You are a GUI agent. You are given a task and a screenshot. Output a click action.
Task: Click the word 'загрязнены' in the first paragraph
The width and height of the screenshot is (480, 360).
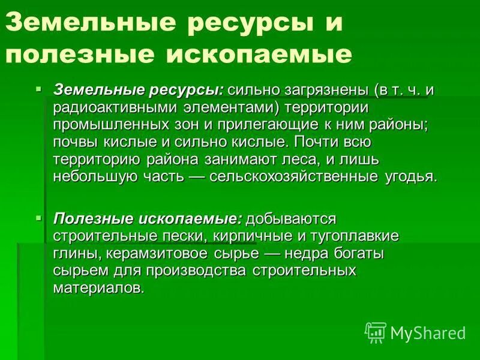(x=324, y=91)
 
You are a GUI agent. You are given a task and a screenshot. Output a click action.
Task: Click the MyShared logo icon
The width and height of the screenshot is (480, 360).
(x=376, y=331)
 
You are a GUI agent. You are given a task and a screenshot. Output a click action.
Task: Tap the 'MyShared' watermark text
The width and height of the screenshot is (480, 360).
(x=428, y=332)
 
